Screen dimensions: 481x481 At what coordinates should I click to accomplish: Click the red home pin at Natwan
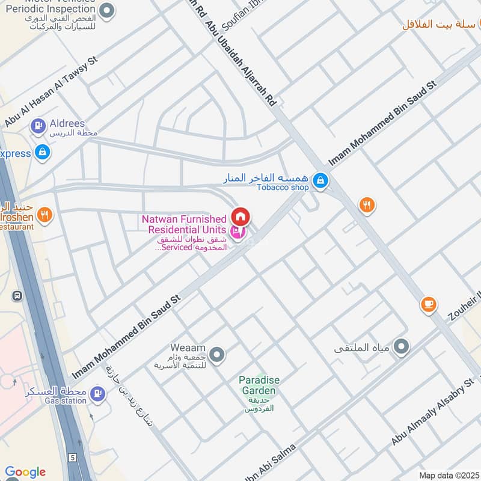pos(240,216)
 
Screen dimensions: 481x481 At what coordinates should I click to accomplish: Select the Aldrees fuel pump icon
pos(38,126)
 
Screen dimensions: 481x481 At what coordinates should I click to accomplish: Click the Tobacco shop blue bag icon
pos(321,179)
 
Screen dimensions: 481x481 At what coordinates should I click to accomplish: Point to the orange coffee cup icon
pos(428,304)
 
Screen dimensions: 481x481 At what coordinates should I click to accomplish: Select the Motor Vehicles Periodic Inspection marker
pos(107,10)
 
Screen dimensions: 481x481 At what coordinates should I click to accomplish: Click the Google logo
pos(25,472)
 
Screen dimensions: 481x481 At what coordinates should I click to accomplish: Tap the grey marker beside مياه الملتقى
pos(401,347)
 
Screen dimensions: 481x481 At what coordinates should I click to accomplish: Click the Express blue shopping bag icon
pos(42,153)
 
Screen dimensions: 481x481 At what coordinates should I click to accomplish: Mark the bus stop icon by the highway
pos(17,296)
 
